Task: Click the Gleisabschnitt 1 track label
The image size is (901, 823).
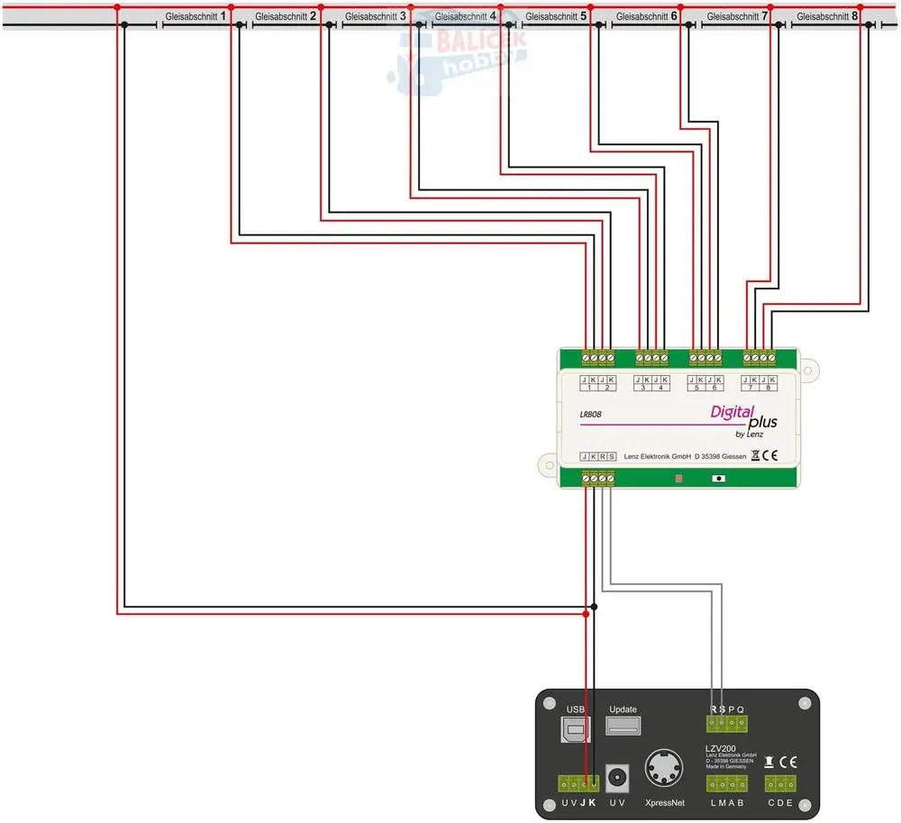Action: pyautogui.click(x=195, y=16)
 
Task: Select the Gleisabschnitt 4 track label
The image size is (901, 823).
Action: pyautogui.click(x=465, y=16)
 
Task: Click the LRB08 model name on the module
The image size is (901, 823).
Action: pyautogui.click(x=591, y=415)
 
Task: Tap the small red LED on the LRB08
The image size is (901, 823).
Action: pyautogui.click(x=678, y=479)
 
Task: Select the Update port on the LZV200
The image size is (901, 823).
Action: pyautogui.click(x=623, y=727)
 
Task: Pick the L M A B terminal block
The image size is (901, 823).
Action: pyautogui.click(x=727, y=784)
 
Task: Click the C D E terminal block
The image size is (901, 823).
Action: pyautogui.click(x=780, y=784)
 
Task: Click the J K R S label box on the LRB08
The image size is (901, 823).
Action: pyautogui.click(x=598, y=457)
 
